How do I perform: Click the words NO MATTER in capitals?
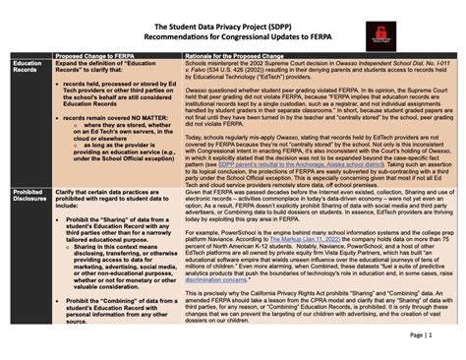click(x=136, y=116)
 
